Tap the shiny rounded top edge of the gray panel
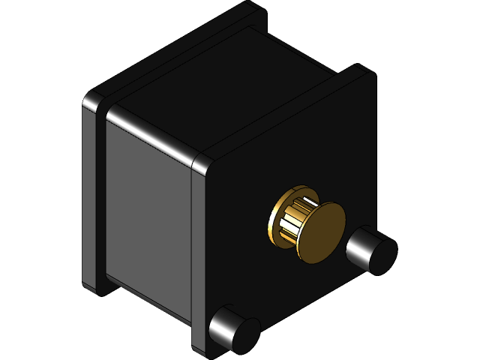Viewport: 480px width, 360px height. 150,135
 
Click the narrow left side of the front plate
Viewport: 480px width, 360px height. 198,255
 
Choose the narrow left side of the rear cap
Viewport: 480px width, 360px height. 88,195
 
